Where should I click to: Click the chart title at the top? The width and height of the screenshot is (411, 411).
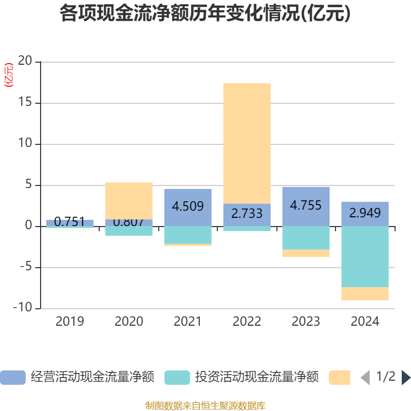point(205,14)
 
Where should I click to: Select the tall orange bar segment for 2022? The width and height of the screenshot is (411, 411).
point(247,143)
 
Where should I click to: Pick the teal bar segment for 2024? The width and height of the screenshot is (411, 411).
point(365,256)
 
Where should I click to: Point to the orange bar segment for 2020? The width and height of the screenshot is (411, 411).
point(128,200)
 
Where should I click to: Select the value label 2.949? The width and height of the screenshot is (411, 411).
point(365,213)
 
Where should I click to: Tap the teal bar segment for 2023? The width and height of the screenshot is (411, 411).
point(306,238)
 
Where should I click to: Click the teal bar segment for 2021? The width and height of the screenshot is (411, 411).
point(188,235)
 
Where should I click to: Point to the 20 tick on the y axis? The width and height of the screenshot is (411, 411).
point(25,62)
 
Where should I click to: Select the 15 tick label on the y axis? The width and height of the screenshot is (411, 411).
point(25,103)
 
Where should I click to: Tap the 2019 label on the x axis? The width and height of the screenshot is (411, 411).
point(70,322)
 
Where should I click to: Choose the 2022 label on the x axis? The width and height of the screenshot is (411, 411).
point(247,322)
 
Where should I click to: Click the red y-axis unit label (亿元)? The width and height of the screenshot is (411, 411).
point(9,75)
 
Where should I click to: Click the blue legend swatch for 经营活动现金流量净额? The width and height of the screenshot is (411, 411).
point(13,378)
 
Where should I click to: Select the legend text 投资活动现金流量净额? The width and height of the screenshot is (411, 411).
point(256,378)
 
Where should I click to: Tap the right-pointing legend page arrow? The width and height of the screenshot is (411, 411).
point(406,378)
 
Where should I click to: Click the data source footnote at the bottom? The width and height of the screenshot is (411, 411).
point(205,406)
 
